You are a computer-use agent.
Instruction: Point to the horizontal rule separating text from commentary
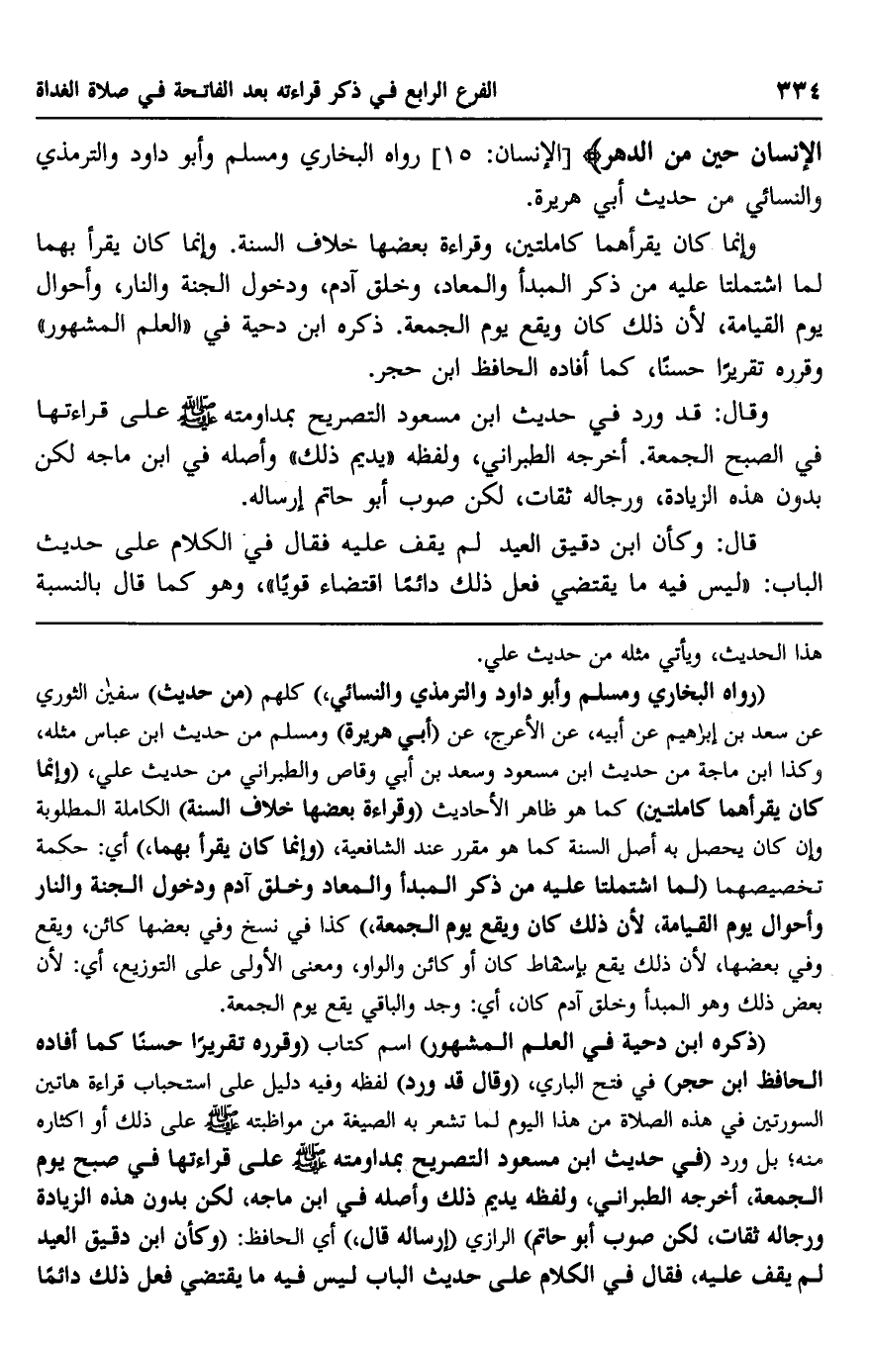pos(435,623)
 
